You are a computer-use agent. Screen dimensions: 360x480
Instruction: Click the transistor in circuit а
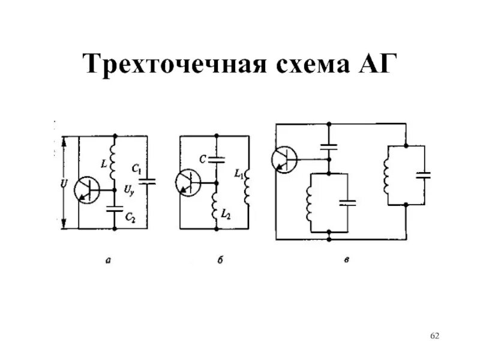pyautogui.click(x=88, y=190)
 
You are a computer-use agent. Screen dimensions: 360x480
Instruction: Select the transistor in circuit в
pyautogui.click(x=284, y=159)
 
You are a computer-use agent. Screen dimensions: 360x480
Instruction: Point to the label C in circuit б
pyautogui.click(x=203, y=159)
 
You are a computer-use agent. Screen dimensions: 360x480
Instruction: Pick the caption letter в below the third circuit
pyautogui.click(x=346, y=259)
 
